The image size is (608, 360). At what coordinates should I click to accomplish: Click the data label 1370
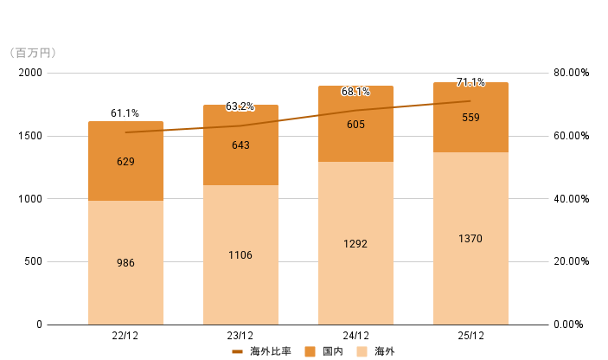470,239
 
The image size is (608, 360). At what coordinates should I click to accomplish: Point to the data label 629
125,162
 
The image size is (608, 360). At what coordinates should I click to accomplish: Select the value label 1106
240,255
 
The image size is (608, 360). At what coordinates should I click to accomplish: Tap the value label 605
355,125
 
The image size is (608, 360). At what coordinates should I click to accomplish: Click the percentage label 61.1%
125,113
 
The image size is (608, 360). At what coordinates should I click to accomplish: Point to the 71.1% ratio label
470,83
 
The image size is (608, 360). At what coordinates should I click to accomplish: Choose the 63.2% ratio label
240,106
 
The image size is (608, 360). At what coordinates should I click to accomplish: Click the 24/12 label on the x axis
355,336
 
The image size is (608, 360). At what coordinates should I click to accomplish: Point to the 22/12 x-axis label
125,336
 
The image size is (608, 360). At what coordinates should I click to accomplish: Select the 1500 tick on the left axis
30,136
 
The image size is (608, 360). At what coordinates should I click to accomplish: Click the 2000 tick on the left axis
30,73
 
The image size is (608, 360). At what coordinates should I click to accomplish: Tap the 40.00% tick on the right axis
572,199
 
